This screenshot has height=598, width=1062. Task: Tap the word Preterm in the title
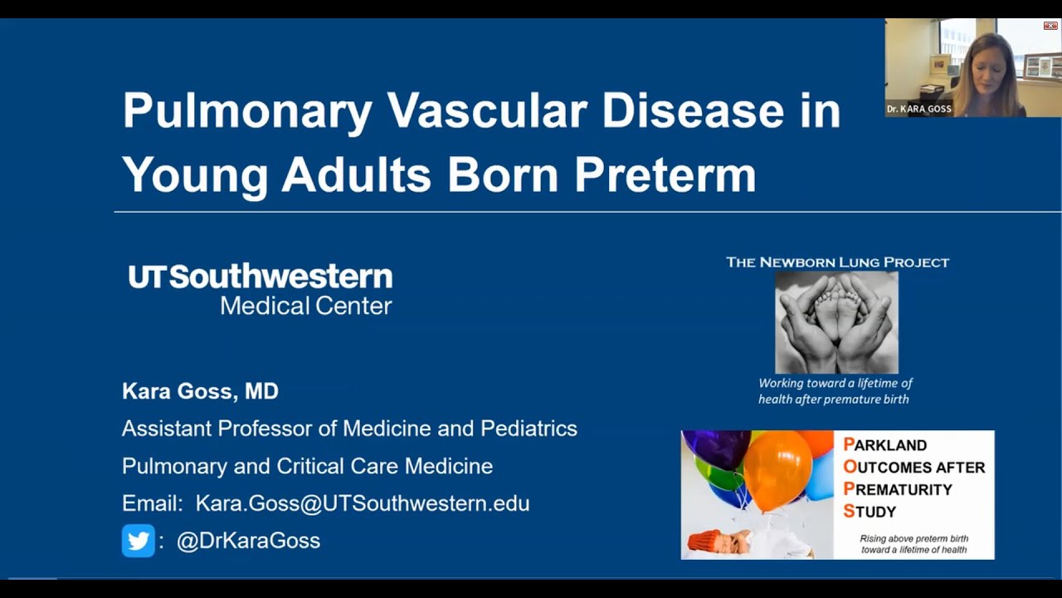[x=665, y=174]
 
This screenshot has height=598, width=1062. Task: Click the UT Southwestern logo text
[x=260, y=277]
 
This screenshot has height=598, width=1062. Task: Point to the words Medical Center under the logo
[x=305, y=306]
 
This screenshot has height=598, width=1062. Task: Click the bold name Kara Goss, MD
[x=200, y=391]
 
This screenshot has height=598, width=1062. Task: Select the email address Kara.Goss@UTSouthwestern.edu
[x=362, y=503]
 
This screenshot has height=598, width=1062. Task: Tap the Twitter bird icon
[x=138, y=541]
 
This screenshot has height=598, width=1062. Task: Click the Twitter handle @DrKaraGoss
[x=248, y=541]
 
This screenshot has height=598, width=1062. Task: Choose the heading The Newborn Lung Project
[x=837, y=262]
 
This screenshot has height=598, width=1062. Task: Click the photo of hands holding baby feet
[x=836, y=322]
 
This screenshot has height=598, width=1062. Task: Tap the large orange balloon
[x=777, y=469]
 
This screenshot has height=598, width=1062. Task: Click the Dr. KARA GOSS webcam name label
[x=918, y=109]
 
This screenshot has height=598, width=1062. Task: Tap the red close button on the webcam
[x=1050, y=26]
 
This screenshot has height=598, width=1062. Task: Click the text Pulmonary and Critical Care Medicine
[x=307, y=466]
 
